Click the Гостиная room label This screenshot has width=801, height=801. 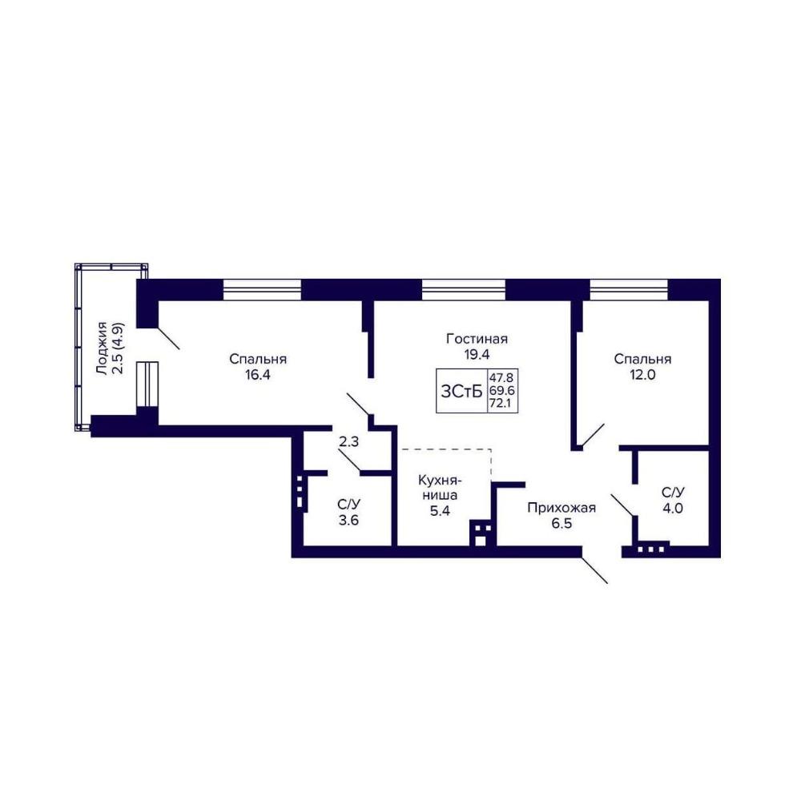pyautogui.click(x=477, y=339)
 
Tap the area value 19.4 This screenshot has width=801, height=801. pyautogui.click(x=477, y=355)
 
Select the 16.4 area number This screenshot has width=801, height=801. pyautogui.click(x=257, y=375)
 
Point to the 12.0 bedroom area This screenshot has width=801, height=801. pyautogui.click(x=642, y=375)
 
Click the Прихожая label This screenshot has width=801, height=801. pyautogui.click(x=562, y=508)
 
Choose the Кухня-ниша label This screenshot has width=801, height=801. pyautogui.click(x=440, y=488)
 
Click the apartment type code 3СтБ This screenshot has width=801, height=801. pyautogui.click(x=461, y=392)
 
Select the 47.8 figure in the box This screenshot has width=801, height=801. pyautogui.click(x=502, y=378)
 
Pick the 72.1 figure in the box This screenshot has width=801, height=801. pyautogui.click(x=502, y=405)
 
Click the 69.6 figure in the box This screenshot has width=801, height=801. pyautogui.click(x=502, y=392)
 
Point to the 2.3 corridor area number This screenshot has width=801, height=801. pyautogui.click(x=349, y=441)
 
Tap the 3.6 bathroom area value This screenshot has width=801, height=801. pyautogui.click(x=348, y=521)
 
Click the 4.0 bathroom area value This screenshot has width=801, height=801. pyautogui.click(x=672, y=509)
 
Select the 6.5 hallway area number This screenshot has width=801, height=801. pyautogui.click(x=562, y=524)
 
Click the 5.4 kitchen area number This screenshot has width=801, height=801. pyautogui.click(x=439, y=510)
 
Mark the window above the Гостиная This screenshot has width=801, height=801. pyautogui.click(x=463, y=290)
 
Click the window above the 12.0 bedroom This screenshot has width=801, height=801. pyautogui.click(x=629, y=290)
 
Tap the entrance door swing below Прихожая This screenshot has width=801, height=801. pyautogui.click(x=594, y=570)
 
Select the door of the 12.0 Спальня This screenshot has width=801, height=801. pyautogui.click(x=593, y=435)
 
